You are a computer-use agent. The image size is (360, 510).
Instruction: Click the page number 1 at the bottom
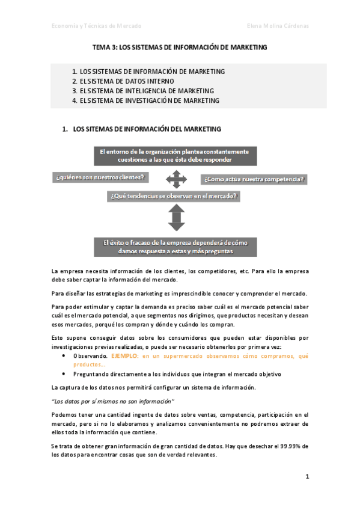[307, 477]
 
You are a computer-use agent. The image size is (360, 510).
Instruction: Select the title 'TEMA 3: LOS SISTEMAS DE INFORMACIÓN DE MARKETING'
[180, 47]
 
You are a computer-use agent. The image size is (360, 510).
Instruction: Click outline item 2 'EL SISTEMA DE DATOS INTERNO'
[127, 81]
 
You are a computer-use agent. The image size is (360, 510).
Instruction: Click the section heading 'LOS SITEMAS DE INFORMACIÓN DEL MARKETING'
[147, 129]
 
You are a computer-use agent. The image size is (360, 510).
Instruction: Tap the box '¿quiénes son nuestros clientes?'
[100, 177]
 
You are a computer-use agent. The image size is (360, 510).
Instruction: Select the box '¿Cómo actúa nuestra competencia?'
[254, 179]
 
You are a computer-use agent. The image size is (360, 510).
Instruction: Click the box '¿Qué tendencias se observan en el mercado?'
[174, 195]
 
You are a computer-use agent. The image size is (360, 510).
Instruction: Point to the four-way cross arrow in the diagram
[175, 178]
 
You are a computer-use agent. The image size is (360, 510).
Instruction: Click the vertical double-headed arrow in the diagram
[175, 217]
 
